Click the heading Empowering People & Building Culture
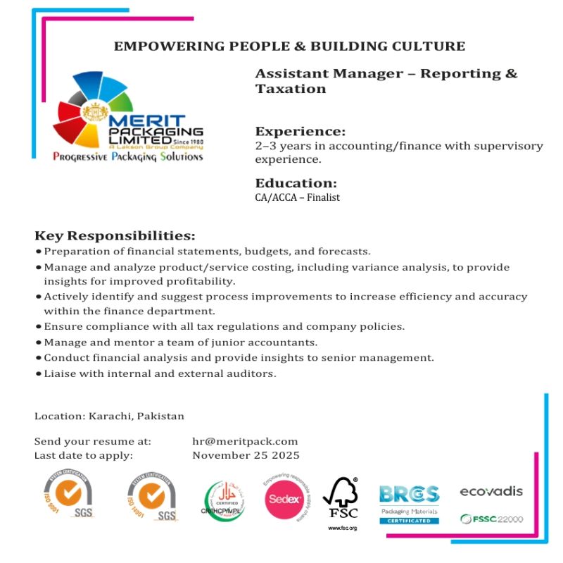coord(289,47)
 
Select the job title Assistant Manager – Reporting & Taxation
coord(386,81)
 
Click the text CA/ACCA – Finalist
coord(297,197)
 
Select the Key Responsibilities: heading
coord(115,235)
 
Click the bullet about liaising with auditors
coord(160,373)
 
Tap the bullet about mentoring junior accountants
coord(180,342)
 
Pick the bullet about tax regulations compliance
coord(224,327)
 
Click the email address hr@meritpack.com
coord(245,441)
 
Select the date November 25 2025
coord(246,455)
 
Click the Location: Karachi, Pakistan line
coord(109,416)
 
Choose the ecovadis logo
coord(491,491)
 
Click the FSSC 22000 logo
coord(491,519)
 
